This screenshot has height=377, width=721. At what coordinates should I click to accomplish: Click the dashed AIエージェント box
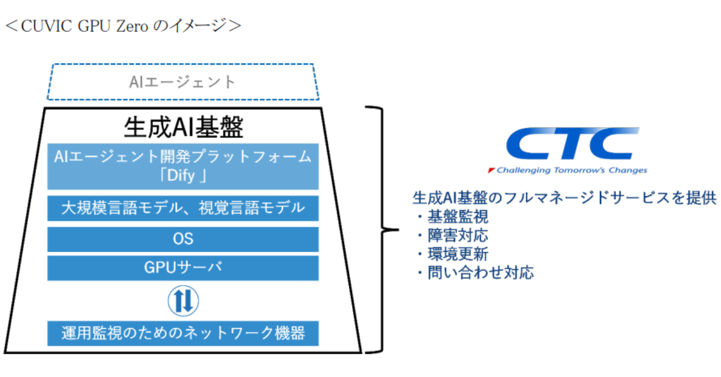183,82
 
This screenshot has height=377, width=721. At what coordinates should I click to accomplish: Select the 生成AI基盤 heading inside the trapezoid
183,128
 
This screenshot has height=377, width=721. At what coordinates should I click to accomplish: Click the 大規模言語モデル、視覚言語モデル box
183,208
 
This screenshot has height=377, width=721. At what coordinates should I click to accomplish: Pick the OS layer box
183,239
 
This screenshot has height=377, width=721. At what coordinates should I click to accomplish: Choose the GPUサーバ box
183,268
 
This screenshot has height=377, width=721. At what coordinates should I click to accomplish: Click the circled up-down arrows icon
183,300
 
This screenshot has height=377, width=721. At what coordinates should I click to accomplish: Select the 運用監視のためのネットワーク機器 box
183,333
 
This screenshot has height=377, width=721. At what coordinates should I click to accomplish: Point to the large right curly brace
383,229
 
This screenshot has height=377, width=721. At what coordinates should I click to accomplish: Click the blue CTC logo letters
571,144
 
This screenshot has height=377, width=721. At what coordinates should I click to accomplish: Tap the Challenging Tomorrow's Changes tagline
572,170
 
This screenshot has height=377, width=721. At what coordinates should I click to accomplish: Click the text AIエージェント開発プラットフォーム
183,157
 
